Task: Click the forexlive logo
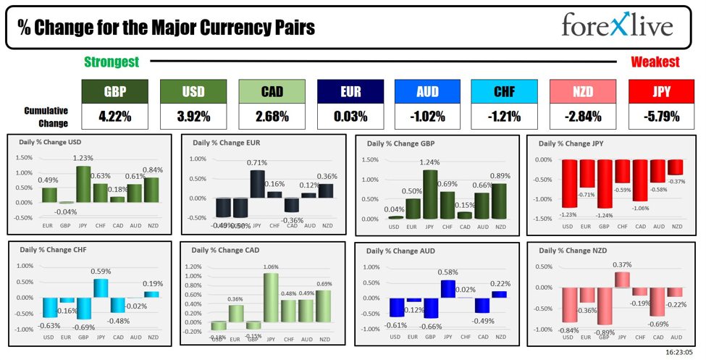click(x=617, y=26)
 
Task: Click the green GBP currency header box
click(x=114, y=91)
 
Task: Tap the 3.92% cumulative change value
click(x=193, y=116)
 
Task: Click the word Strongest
click(x=112, y=62)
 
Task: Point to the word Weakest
click(x=655, y=62)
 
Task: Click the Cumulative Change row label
click(x=46, y=116)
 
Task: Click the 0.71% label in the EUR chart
click(x=258, y=163)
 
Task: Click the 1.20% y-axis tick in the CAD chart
click(x=194, y=267)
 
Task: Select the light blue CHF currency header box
click(x=504, y=91)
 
